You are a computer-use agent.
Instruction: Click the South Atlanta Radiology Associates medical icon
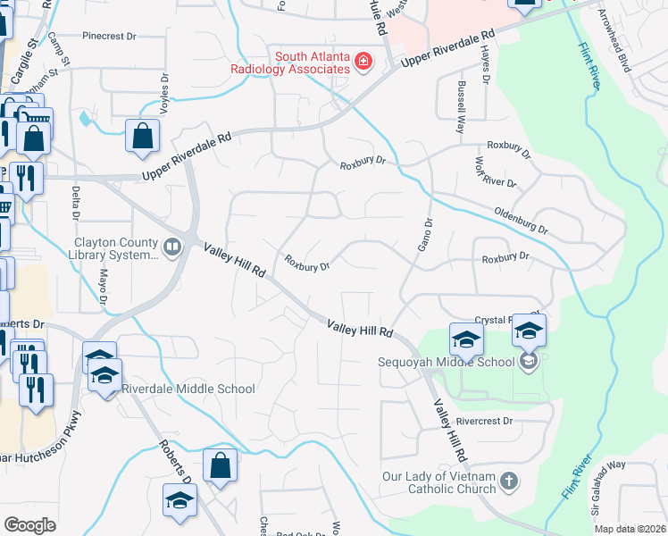point(363,62)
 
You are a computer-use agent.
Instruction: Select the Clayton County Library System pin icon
point(172,246)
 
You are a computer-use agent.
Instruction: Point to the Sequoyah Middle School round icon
point(529,362)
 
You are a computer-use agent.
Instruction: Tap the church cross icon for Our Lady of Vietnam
point(509,482)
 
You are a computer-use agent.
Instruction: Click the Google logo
point(29,525)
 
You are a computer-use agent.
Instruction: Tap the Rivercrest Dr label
point(484,421)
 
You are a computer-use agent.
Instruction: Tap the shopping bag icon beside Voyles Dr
point(143,137)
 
